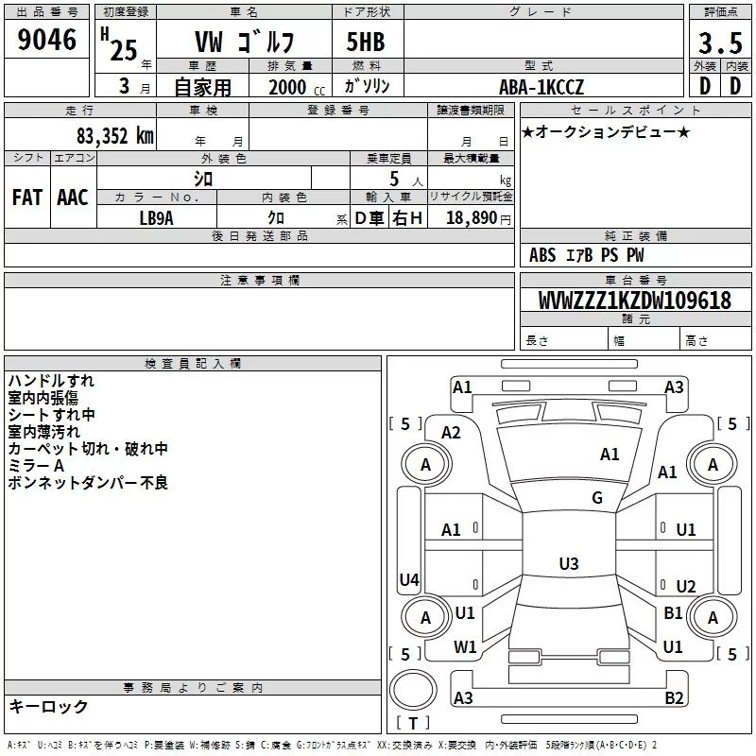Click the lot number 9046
(46, 40)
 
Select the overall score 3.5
(720, 43)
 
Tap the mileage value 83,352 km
(115, 136)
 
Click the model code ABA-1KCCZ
(541, 87)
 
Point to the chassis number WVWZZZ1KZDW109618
(635, 300)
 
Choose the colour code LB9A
(156, 218)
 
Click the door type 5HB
(366, 42)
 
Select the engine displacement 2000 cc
(297, 87)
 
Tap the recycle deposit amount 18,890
(472, 217)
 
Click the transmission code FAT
(27, 198)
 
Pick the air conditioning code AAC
(73, 198)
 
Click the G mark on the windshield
(597, 497)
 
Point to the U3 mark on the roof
(569, 563)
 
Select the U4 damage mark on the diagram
(409, 579)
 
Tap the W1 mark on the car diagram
(465, 646)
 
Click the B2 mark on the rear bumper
(674, 697)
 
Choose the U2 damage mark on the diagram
(686, 586)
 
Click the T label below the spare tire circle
(413, 723)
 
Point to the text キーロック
(48, 706)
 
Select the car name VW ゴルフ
(244, 42)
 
